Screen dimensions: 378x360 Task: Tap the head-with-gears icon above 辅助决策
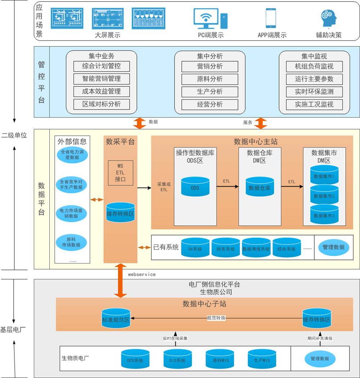(328, 19)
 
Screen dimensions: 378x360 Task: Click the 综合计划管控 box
(102, 66)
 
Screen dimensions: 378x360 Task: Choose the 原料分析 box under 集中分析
(210, 79)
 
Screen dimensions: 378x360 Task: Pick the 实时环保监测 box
(314, 91)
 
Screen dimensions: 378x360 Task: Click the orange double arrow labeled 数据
(139, 122)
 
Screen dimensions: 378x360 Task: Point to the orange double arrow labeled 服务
(260, 123)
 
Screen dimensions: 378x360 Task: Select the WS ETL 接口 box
(120, 173)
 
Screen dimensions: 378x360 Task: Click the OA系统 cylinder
(195, 248)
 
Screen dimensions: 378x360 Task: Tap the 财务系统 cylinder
(225, 248)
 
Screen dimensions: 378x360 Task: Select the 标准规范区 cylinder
(116, 318)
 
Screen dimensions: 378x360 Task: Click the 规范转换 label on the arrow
(216, 318)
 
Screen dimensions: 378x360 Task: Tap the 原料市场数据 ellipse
(71, 242)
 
